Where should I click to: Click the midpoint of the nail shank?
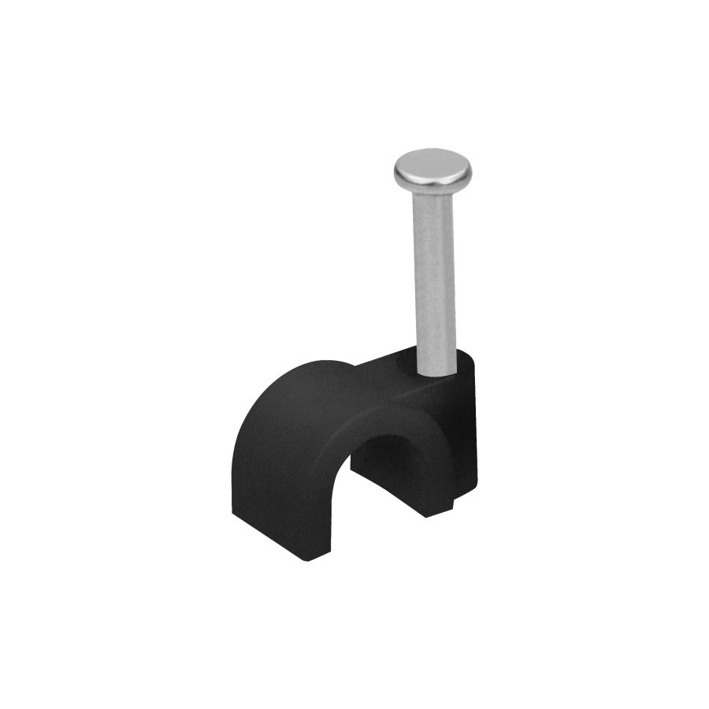[435, 276]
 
